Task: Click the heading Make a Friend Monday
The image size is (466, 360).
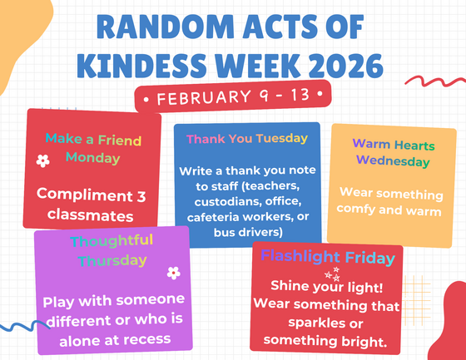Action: (x=93, y=148)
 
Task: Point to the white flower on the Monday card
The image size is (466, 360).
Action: (x=42, y=161)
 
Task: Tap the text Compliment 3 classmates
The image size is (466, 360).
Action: (x=91, y=205)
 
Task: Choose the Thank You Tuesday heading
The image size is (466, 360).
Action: (x=247, y=139)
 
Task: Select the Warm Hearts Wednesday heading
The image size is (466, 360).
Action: (x=394, y=152)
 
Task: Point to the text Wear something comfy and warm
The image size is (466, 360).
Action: (x=390, y=201)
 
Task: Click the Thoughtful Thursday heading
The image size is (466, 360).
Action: (x=112, y=250)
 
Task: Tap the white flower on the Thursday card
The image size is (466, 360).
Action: (x=173, y=272)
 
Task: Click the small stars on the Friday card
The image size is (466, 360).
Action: (x=330, y=274)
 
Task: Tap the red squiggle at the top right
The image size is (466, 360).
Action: (x=433, y=82)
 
